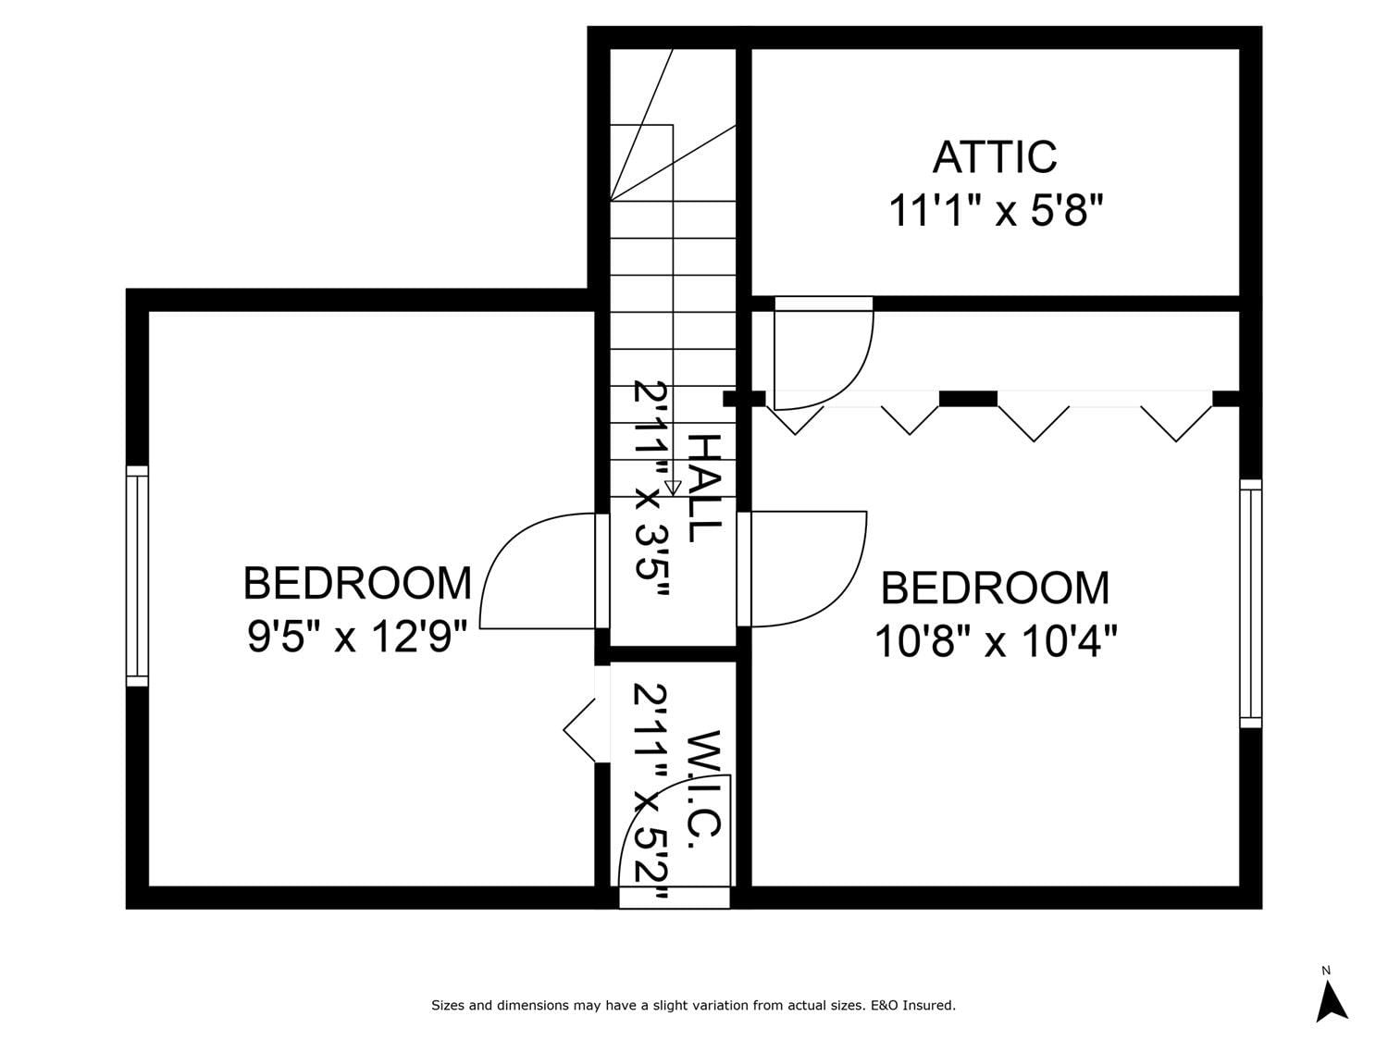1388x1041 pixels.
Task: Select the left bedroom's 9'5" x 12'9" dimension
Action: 357,637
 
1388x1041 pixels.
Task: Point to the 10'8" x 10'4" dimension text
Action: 996,641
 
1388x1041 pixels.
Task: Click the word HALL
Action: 704,488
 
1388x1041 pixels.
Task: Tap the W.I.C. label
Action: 703,784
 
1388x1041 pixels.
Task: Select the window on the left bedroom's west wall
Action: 137,576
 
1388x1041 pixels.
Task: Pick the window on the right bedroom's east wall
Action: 1250,603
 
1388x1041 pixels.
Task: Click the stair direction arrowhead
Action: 673,488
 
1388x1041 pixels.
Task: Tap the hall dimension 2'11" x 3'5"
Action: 651,489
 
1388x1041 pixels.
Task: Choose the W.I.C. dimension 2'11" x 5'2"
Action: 651,791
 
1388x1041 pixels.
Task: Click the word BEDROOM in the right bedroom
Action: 996,588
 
